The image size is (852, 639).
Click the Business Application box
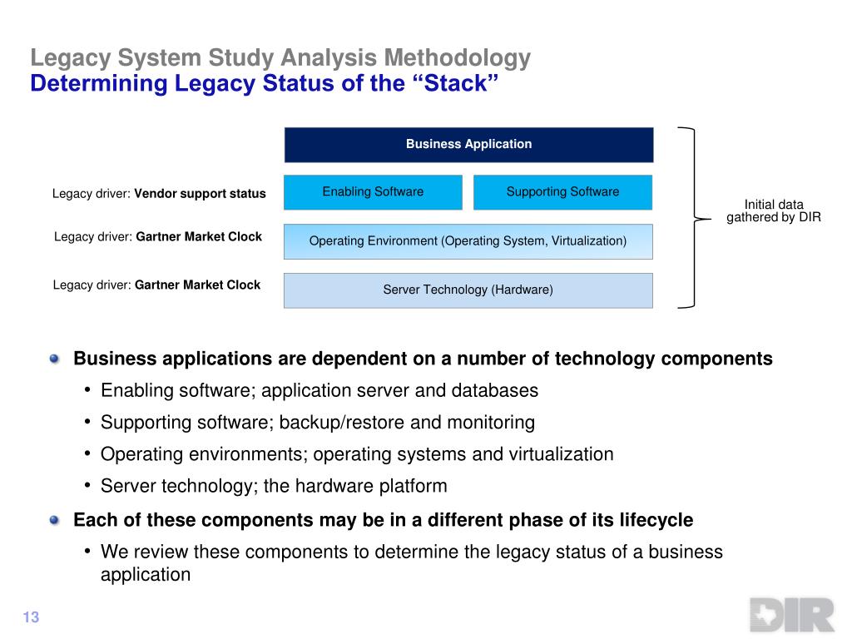coord(468,145)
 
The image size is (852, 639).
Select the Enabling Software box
coord(373,192)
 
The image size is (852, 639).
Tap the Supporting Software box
coord(562,192)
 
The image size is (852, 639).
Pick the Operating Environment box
coord(468,241)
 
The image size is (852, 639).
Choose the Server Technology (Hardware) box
coord(468,290)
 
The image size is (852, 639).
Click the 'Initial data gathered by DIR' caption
coord(774,211)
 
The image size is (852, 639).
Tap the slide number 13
coord(31,617)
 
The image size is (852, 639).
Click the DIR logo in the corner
coord(791,616)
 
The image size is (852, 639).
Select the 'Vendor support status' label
coord(201,194)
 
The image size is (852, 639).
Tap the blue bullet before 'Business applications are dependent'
coord(55,359)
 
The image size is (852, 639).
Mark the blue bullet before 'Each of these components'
coord(55,520)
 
